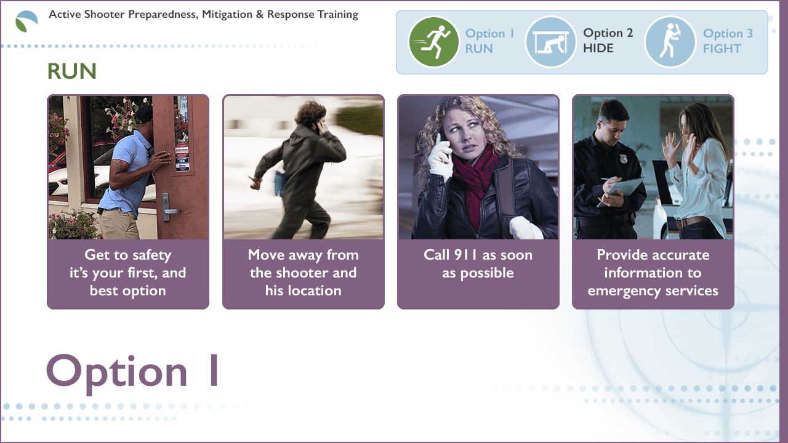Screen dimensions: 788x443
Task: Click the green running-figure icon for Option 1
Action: (433, 42)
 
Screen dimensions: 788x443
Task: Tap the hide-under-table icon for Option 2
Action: (550, 42)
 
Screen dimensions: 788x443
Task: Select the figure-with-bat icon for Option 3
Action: (670, 42)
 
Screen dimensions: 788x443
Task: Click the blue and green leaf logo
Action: (26, 21)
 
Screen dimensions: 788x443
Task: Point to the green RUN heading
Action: (72, 71)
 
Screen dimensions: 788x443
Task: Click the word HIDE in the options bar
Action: (598, 48)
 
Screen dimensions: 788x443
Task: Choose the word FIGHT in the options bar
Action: (722, 49)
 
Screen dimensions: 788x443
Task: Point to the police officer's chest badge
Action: (624, 159)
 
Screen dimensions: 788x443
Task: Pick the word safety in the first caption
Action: (151, 255)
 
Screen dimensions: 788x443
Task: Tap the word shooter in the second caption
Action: (303, 273)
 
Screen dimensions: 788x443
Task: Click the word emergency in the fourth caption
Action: (621, 292)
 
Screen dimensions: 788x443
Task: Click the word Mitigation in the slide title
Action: (227, 14)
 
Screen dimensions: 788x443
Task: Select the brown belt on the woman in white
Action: (690, 222)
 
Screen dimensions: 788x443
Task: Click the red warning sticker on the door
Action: (182, 151)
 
